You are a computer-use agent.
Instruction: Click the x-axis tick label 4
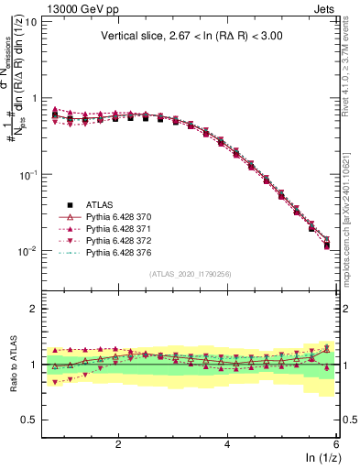[227, 444]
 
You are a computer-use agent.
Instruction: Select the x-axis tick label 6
[336, 444]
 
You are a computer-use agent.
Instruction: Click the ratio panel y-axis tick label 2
[32, 309]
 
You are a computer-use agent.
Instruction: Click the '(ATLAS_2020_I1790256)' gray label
[191, 274]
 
